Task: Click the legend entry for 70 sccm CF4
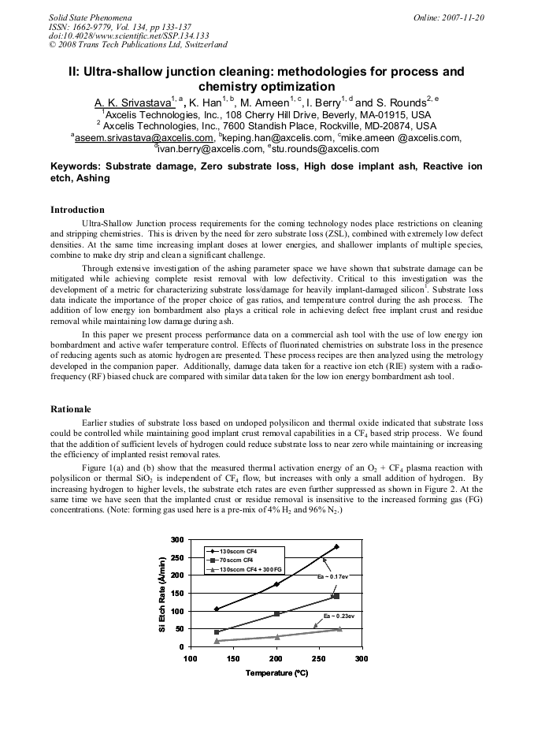(x=237, y=559)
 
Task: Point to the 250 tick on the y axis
(x=176, y=557)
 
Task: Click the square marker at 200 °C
(x=276, y=613)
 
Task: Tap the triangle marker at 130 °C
(x=217, y=641)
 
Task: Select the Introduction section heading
(x=77, y=210)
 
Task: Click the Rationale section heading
(x=71, y=409)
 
